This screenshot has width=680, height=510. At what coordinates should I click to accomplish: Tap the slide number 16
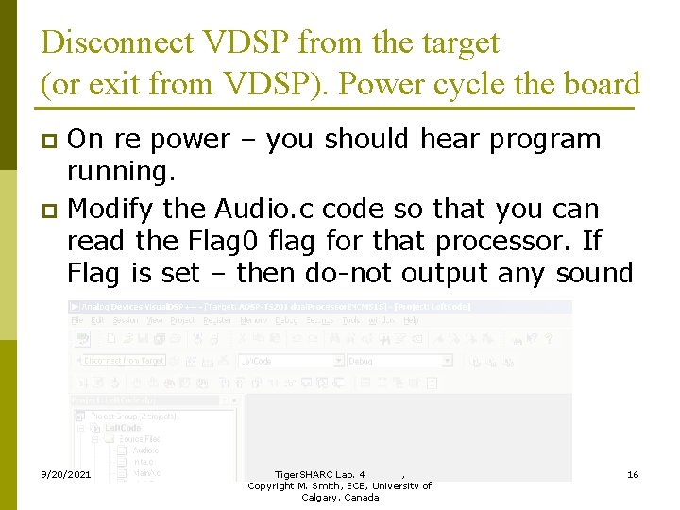point(633,473)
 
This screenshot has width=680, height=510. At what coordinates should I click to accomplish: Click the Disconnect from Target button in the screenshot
point(124,361)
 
